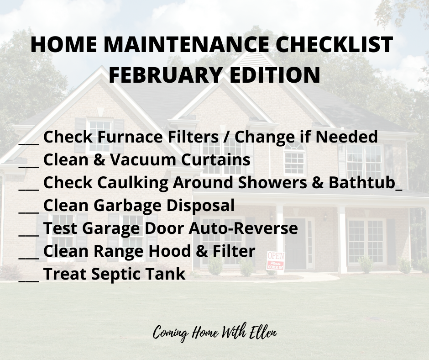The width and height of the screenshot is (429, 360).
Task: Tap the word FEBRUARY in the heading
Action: click(165, 74)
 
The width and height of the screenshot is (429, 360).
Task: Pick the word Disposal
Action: click(200, 205)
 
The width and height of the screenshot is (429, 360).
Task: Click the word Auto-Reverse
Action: click(243, 228)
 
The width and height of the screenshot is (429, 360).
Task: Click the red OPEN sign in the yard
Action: click(276, 260)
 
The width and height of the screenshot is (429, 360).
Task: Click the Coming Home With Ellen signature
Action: click(215, 332)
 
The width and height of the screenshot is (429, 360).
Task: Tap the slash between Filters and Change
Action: click(226, 137)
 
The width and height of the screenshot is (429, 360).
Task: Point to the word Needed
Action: click(347, 137)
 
